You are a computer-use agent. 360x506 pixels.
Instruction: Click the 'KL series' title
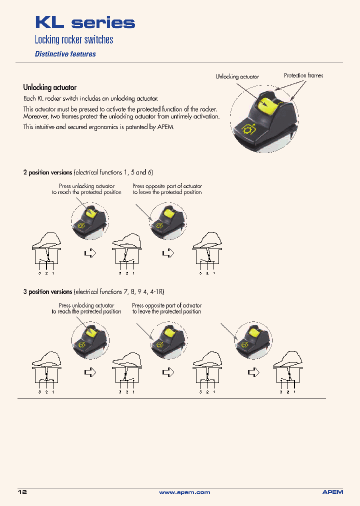pyautogui.click(x=84, y=23)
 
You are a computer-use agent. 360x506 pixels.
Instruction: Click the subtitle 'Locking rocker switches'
pyautogui.click(x=73, y=40)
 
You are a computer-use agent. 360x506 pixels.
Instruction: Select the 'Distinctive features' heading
pyautogui.click(x=65, y=54)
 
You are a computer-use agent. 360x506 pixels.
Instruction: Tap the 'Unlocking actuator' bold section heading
pyautogui.click(x=49, y=87)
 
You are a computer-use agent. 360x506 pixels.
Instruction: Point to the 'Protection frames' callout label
pyautogui.click(x=303, y=75)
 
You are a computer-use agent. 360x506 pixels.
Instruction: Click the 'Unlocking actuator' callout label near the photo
pyautogui.click(x=237, y=76)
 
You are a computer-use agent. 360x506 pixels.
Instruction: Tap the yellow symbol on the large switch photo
pyautogui.click(x=248, y=129)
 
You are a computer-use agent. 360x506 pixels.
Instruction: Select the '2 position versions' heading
pyautogui.click(x=47, y=172)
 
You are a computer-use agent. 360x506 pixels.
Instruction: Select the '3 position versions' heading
pyautogui.click(x=47, y=291)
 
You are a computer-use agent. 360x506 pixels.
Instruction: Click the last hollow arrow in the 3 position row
pyautogui.click(x=254, y=372)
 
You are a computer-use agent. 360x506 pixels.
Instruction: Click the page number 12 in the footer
pyautogui.click(x=22, y=492)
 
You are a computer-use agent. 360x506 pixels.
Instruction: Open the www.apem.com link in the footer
pyautogui.click(x=184, y=492)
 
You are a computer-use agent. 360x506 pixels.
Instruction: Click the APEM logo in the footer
pyautogui.click(x=332, y=492)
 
